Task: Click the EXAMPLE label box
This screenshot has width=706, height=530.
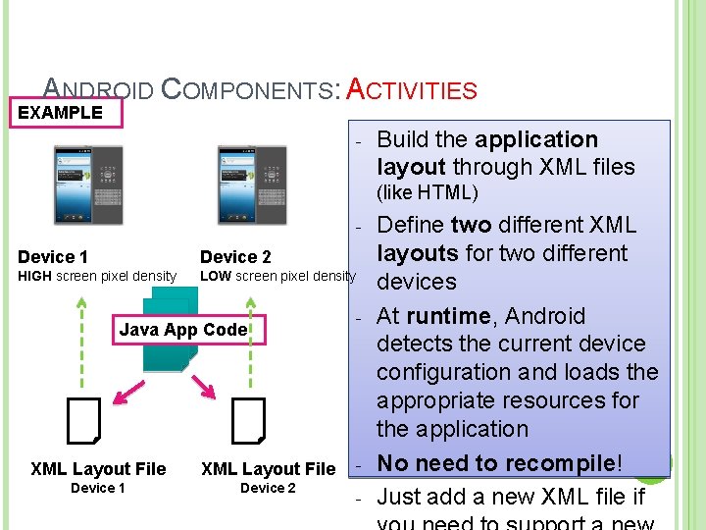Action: (x=61, y=112)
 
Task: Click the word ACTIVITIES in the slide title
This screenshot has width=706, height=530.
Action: (x=413, y=91)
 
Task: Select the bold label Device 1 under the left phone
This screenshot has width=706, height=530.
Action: (x=53, y=257)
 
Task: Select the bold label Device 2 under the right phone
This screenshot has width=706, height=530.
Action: (x=235, y=257)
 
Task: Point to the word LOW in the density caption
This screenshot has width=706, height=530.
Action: (x=216, y=277)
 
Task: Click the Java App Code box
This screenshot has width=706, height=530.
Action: (x=183, y=330)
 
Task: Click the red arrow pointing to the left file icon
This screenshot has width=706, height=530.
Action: (x=128, y=389)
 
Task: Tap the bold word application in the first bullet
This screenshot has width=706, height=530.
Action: (x=535, y=139)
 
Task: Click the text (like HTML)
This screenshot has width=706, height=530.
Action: (x=428, y=192)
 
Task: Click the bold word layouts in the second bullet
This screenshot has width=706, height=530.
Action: (x=418, y=253)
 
